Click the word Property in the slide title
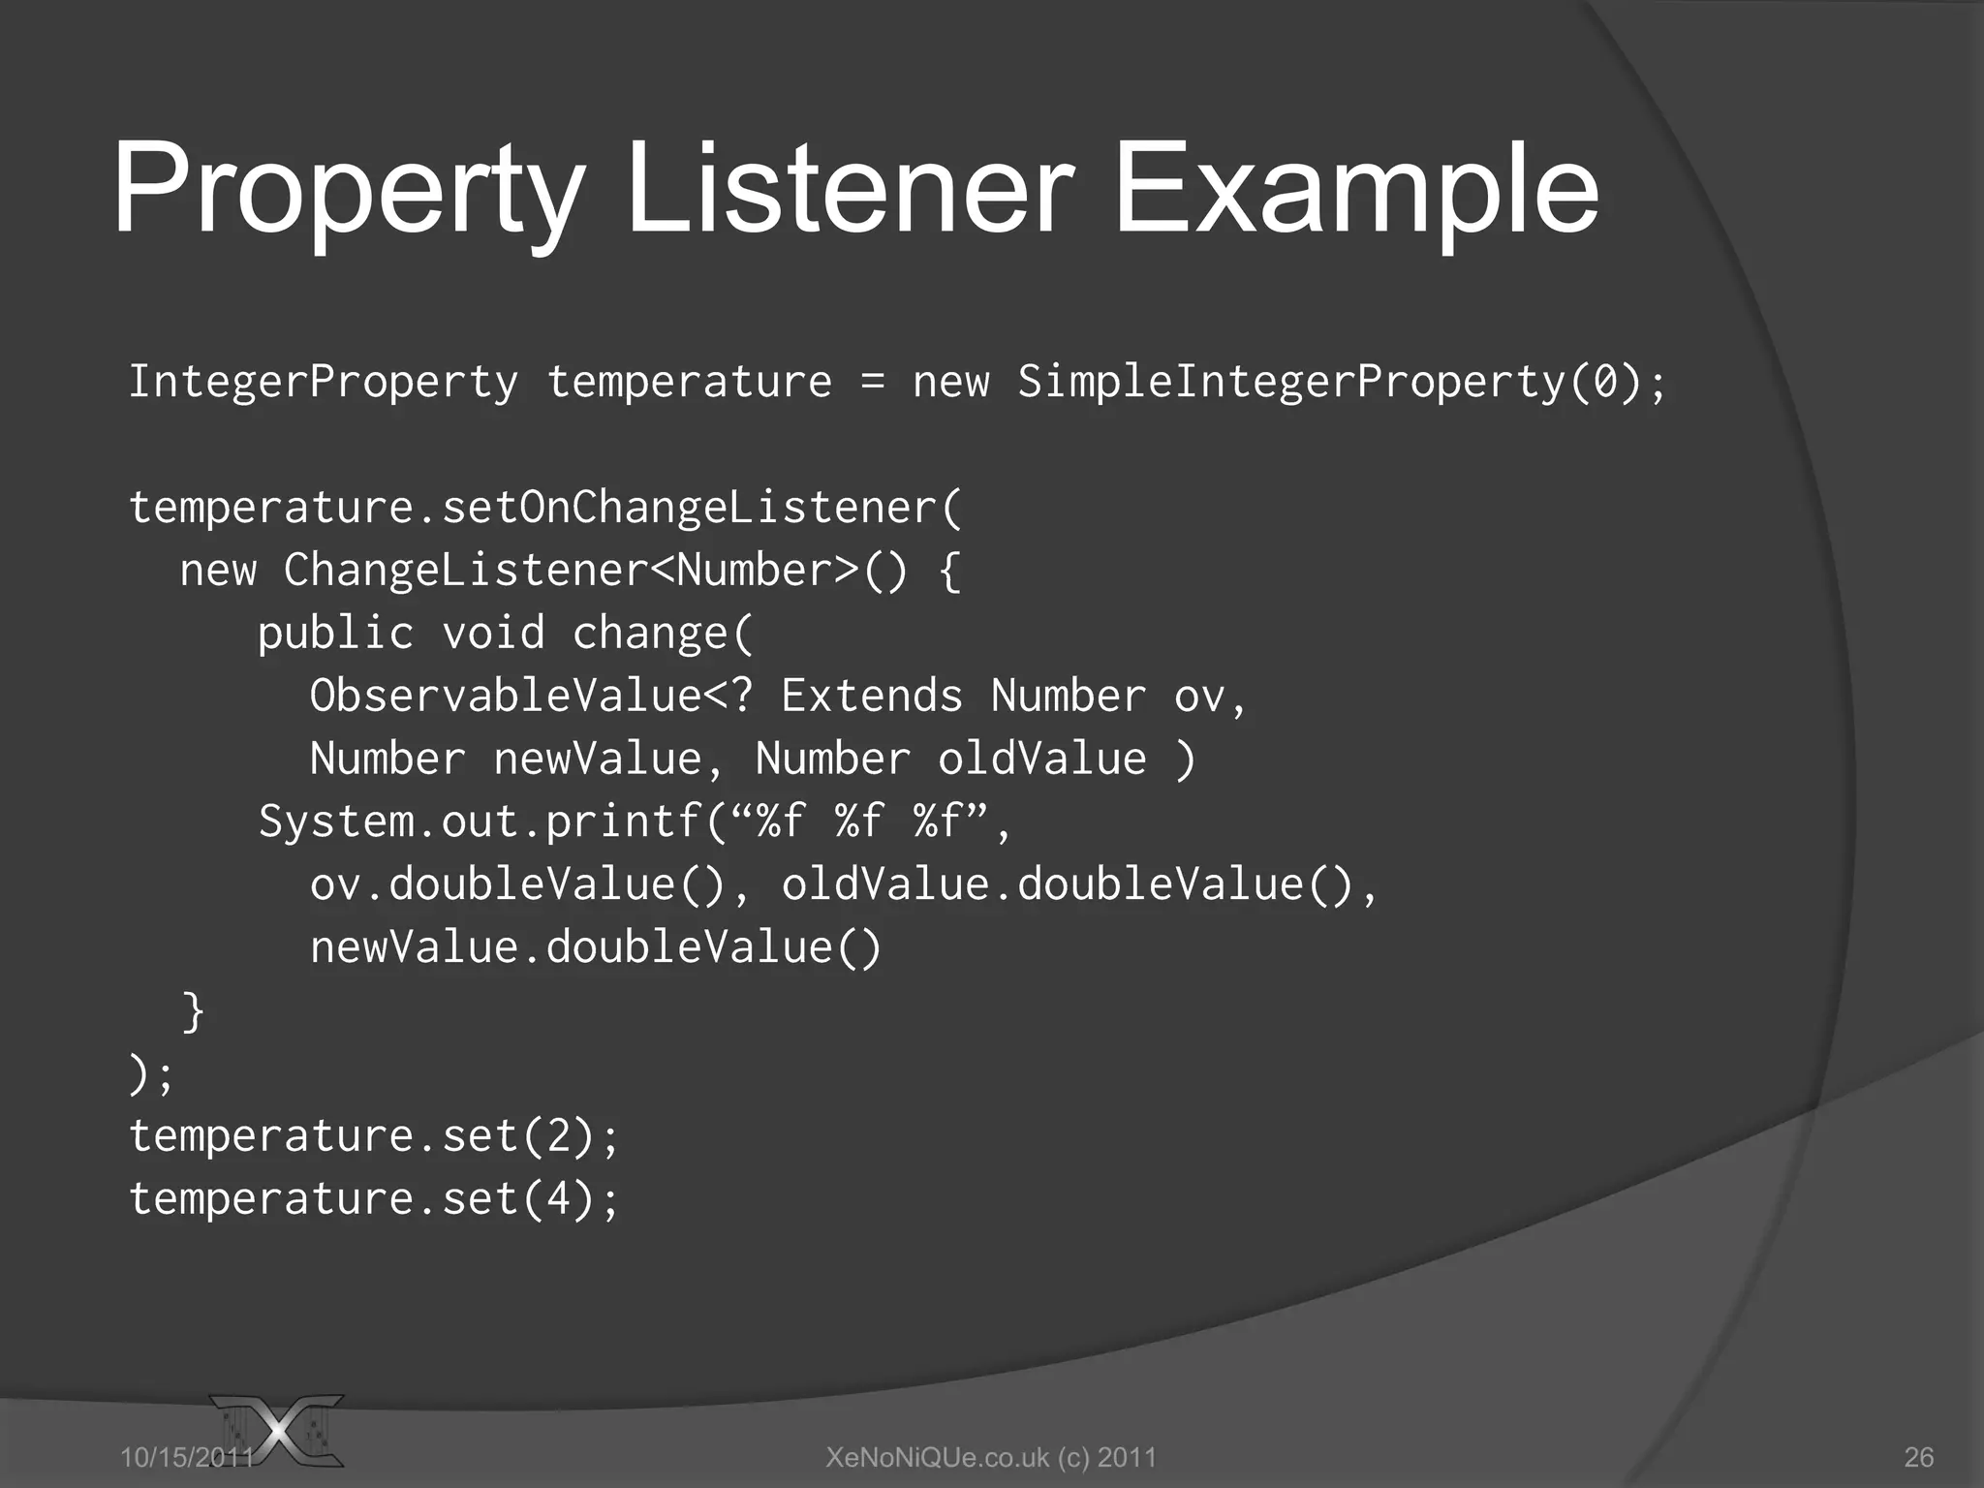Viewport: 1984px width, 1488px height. pyautogui.click(x=349, y=189)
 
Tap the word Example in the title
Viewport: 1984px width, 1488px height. pyautogui.click(x=1355, y=189)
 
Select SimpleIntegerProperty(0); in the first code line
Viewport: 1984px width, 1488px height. pyautogui.click(x=1342, y=382)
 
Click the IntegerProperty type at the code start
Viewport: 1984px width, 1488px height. pyautogui.click(x=324, y=382)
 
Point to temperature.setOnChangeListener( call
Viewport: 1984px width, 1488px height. pyautogui.click(x=545, y=508)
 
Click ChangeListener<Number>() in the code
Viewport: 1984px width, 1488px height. pyautogui.click(x=596, y=571)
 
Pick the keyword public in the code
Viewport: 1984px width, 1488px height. pyautogui.click(x=335, y=634)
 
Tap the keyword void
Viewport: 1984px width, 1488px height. pyautogui.click(x=493, y=634)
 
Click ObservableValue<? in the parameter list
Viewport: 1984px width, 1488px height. pyautogui.click(x=531, y=697)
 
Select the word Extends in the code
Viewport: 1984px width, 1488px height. pyautogui.click(x=872, y=697)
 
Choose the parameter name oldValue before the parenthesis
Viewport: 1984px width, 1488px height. pyautogui.click(x=1041, y=759)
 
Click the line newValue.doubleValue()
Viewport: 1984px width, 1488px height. pyautogui.click(x=596, y=947)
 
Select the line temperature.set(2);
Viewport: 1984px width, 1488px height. pyautogui.click(x=374, y=1135)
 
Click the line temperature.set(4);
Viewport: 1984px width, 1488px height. pyautogui.click(x=374, y=1198)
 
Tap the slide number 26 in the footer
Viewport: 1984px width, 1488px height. pyautogui.click(x=1918, y=1457)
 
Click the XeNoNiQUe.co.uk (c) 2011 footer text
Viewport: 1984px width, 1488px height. pyautogui.click(x=991, y=1457)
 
